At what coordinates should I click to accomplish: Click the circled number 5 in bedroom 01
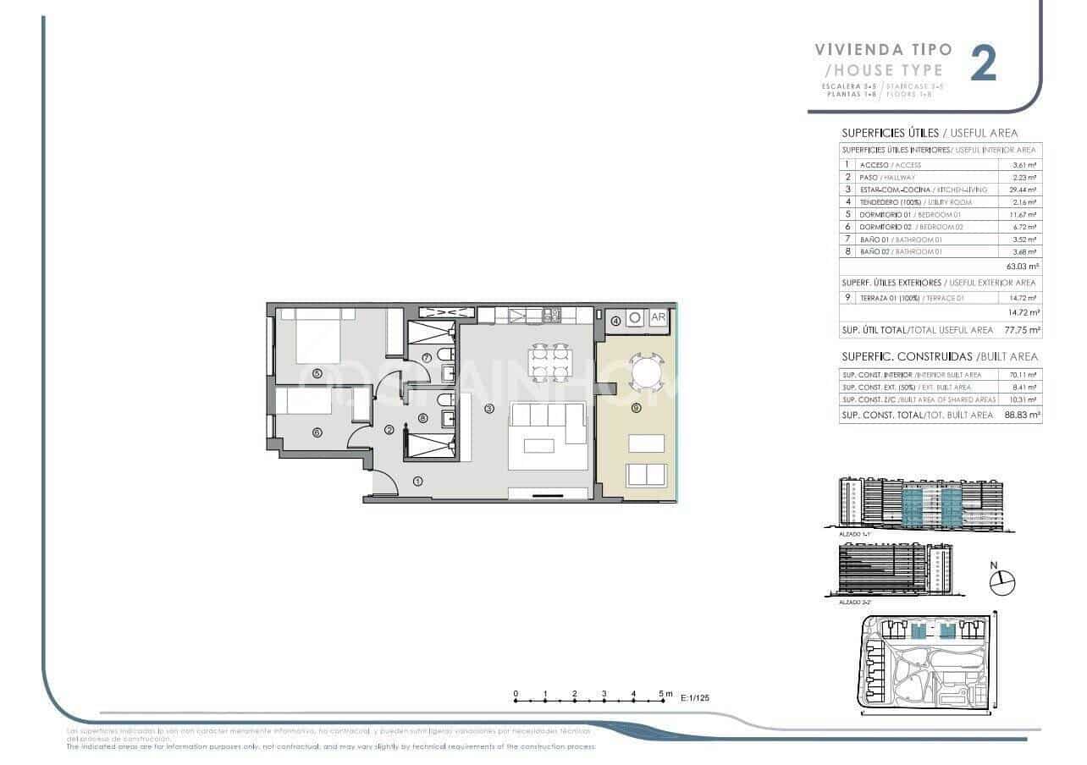(317, 372)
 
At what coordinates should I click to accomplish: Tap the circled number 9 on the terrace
(637, 408)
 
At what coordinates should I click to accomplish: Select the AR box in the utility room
(658, 318)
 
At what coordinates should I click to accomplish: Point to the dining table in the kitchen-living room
(549, 363)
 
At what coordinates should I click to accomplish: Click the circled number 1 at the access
(417, 482)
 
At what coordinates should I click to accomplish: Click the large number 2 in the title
(984, 64)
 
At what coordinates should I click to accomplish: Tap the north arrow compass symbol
(1001, 581)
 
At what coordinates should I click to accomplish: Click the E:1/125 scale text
(697, 699)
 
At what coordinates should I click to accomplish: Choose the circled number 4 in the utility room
(615, 320)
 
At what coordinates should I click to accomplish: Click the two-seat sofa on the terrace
(647, 474)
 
